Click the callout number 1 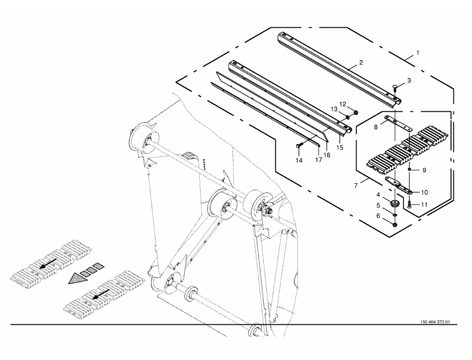click(418, 53)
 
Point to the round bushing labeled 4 click(395, 204)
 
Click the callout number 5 click(378, 205)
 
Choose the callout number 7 click(356, 185)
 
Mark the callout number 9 click(424, 170)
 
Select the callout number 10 click(425, 192)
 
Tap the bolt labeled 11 click(409, 204)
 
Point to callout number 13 click(334, 109)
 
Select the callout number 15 click(340, 147)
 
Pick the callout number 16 click(327, 155)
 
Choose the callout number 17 click(319, 159)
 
